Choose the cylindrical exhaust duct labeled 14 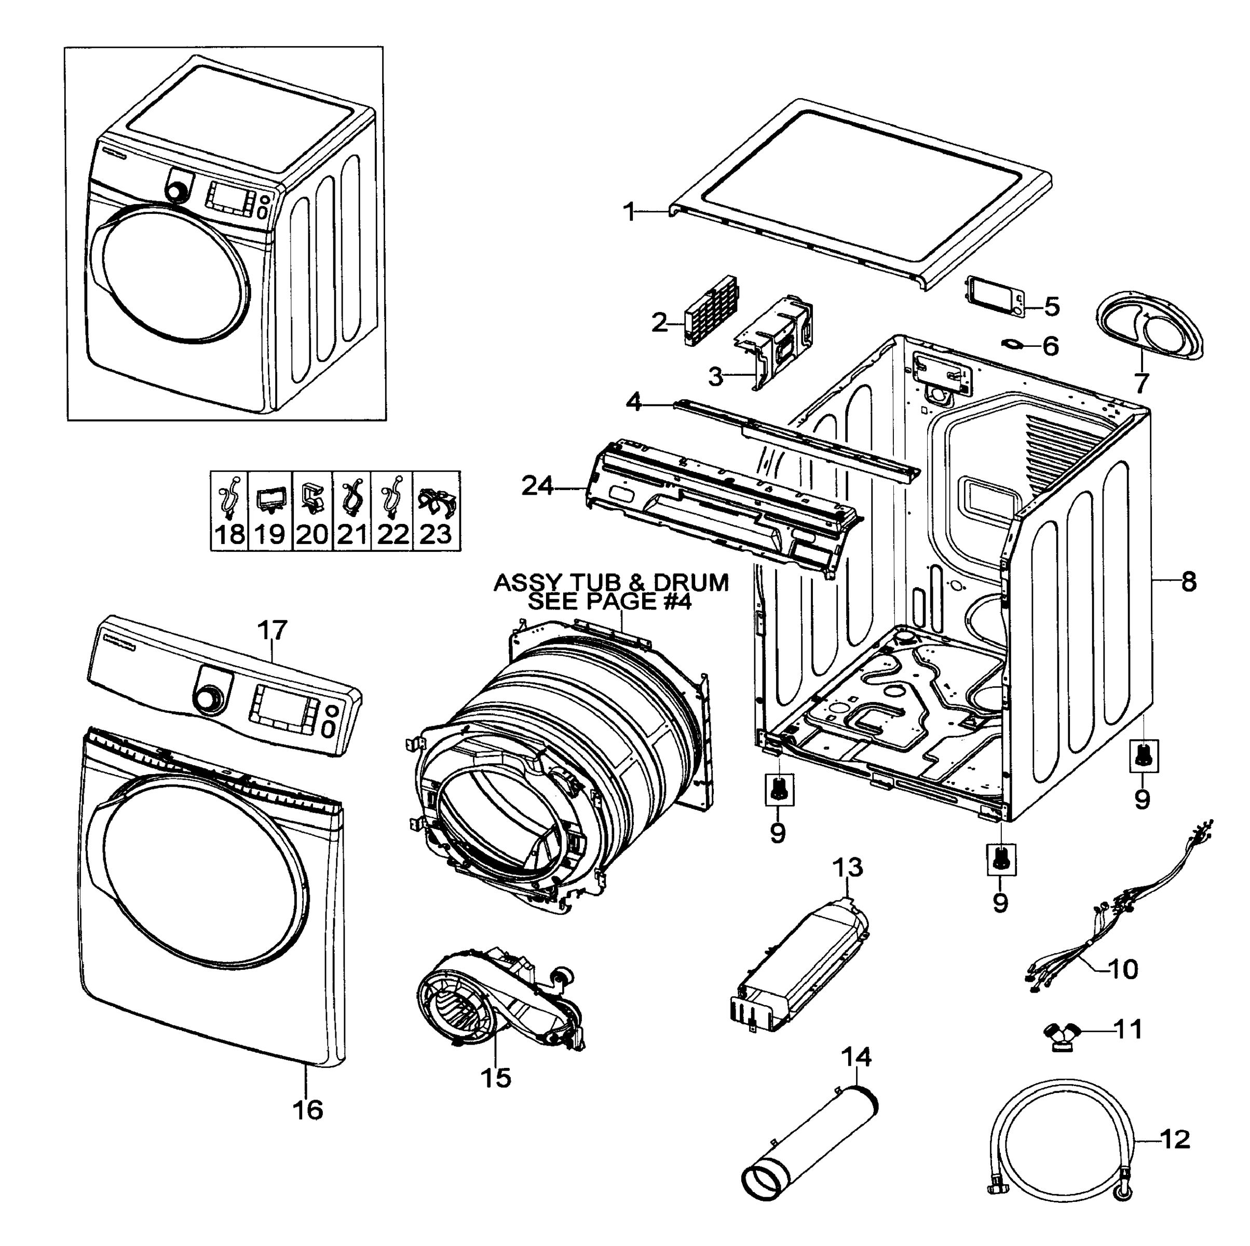[809, 1148]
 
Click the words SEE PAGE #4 [609, 602]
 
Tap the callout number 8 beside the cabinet [1189, 582]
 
